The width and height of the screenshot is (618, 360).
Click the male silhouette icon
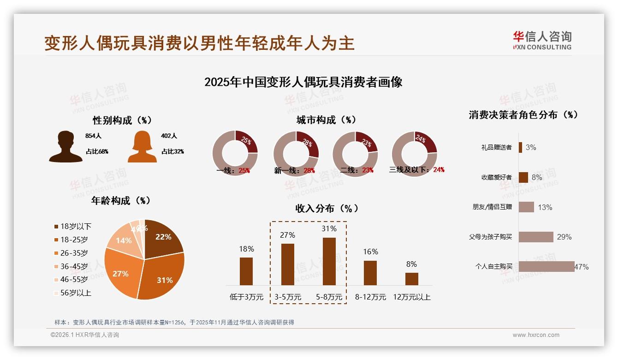pos(65,147)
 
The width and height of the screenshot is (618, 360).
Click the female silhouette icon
pos(142,147)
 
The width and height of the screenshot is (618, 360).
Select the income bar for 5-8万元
pos(329,261)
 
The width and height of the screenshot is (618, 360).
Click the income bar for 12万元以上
pos(412,279)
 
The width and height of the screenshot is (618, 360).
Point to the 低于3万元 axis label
pos(246,297)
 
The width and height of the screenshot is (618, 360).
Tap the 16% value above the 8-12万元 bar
pos(370,252)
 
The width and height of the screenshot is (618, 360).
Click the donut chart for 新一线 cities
pos(296,153)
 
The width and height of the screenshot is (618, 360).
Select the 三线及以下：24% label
pos(416,169)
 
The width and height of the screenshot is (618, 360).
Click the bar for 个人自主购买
pos(547,266)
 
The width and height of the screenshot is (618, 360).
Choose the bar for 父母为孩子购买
pos(536,237)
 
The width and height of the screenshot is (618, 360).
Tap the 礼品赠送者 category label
pos(496,148)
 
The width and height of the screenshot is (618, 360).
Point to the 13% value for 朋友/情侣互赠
pos(545,207)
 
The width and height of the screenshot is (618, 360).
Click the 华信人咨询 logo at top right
pos(542,40)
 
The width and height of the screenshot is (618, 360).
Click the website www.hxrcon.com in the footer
pos(536,335)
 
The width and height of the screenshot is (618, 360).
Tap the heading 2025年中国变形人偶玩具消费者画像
pos(303,82)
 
